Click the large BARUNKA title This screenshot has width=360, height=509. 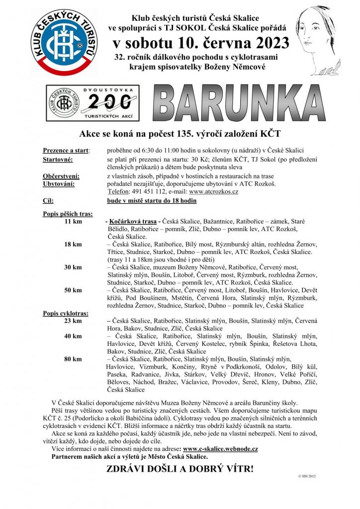coord(237,106)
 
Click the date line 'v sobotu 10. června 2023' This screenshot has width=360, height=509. coord(200,43)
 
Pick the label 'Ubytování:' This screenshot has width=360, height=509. coord(59,183)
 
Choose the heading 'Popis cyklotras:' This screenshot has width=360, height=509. coord(66,313)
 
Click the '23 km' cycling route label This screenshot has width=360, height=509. coord(73,321)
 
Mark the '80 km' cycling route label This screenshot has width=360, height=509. coord(73,358)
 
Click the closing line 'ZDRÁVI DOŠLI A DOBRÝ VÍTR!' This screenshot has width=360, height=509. coord(180,468)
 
